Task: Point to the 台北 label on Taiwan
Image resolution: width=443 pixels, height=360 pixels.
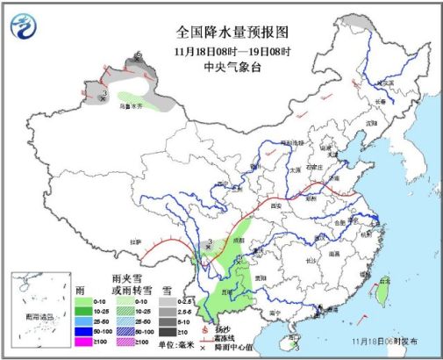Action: click(x=384, y=281)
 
